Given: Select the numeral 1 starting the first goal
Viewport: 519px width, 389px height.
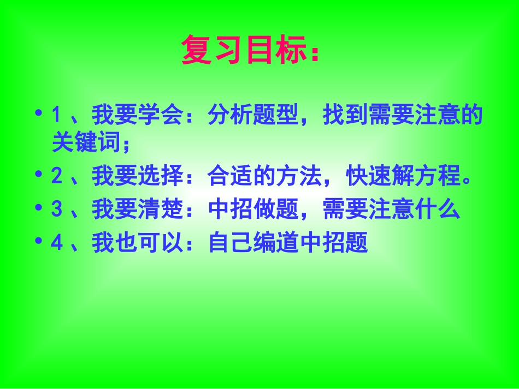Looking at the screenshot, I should [x=56, y=116].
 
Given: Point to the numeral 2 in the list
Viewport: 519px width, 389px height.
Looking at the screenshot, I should [x=57, y=177].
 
